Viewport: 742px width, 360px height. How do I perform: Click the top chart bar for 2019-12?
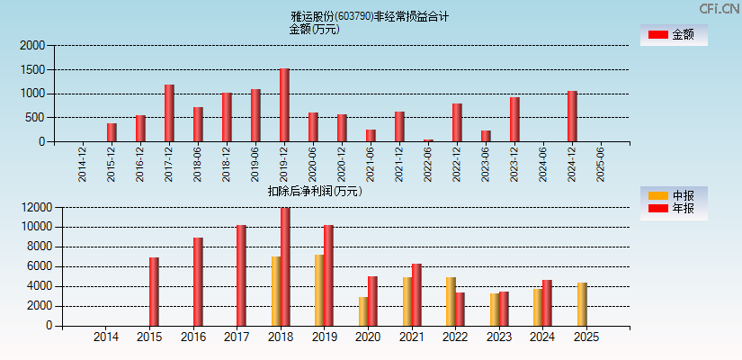[284, 105]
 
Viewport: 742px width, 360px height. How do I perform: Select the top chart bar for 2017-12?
[169, 113]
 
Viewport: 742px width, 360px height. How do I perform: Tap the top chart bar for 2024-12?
[572, 116]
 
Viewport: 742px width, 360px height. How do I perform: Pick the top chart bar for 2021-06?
[371, 136]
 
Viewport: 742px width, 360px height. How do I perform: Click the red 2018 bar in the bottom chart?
[285, 267]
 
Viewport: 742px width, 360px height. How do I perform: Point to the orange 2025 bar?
[582, 304]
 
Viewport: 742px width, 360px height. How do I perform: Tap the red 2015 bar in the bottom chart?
[154, 292]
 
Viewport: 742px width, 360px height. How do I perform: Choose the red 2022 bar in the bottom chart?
[460, 309]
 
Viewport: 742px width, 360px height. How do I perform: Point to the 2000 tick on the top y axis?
[32, 45]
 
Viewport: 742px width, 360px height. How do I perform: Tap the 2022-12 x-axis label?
[457, 164]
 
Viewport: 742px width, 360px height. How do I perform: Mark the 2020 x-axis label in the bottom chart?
[368, 337]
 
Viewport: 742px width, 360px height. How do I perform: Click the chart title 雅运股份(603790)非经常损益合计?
[370, 16]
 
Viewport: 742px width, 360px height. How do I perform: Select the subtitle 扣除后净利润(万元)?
[315, 191]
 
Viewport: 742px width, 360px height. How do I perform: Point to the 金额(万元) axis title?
[314, 29]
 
